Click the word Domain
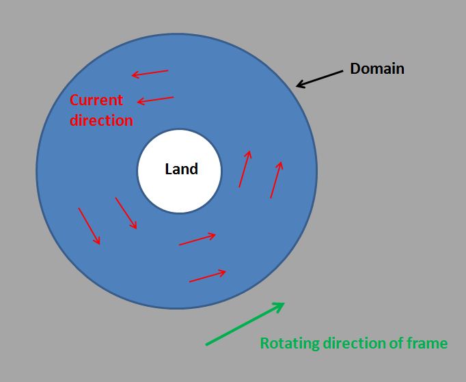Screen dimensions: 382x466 coord(376,68)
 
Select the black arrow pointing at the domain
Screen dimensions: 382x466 coord(319,78)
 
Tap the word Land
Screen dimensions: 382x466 coord(181,169)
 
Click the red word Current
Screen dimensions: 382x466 coord(96,100)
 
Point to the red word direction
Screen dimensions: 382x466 coord(101,120)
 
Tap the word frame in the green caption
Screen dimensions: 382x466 coord(426,343)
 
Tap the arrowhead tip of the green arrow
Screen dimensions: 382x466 coord(284,303)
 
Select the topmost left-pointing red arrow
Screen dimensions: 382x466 coord(150,73)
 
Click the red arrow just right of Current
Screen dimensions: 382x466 coord(155,100)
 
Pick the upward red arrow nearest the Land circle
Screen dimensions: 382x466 coord(245,169)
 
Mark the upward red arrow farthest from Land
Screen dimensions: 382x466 coord(276,180)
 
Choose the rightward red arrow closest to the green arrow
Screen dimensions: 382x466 coord(207,276)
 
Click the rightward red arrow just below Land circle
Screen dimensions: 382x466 coord(197,239)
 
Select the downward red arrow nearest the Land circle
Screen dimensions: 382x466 coord(126,213)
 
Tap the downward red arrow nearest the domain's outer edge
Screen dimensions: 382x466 coord(90,226)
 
